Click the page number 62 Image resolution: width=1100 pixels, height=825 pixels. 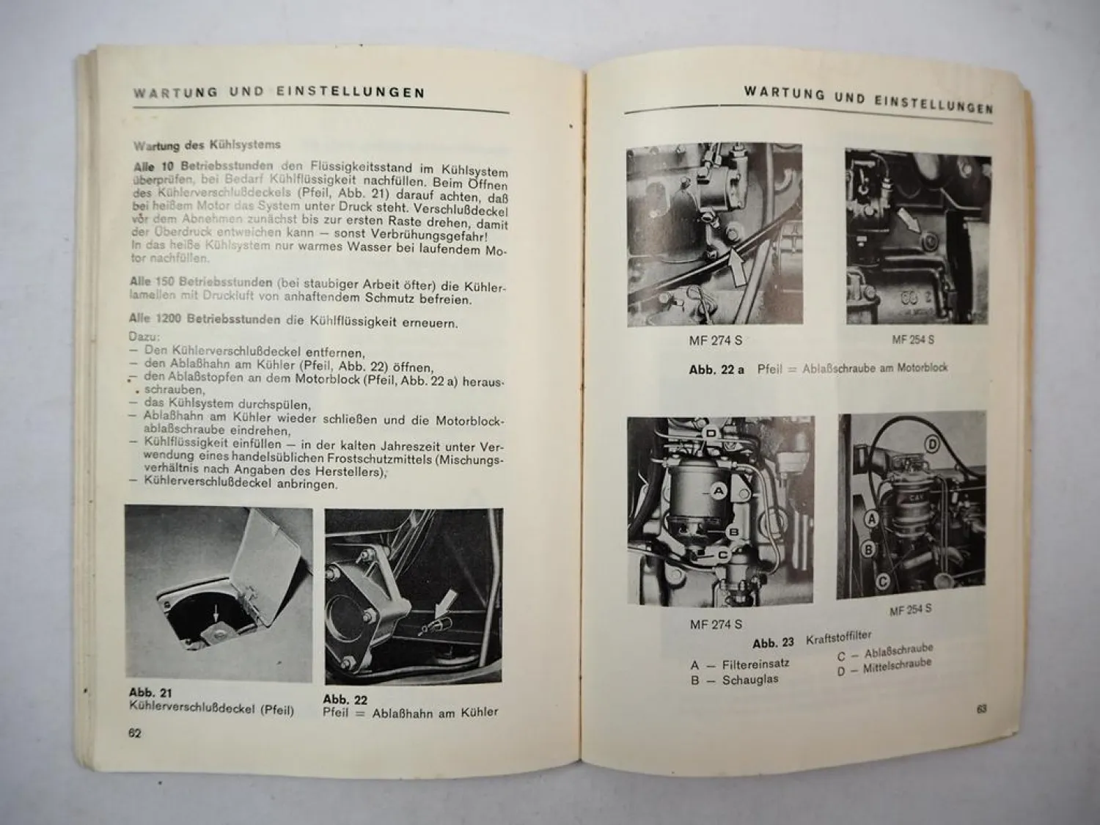coord(134,733)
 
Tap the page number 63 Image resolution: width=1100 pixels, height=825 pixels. coord(981,709)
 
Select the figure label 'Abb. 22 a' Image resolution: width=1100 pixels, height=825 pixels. coord(716,370)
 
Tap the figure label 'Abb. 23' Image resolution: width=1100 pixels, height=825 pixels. coord(773,642)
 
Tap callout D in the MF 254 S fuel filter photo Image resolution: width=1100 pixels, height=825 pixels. coord(931,444)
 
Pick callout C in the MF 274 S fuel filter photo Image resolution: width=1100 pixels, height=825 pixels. coord(721,555)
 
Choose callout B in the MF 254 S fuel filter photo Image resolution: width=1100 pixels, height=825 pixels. coord(868,548)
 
